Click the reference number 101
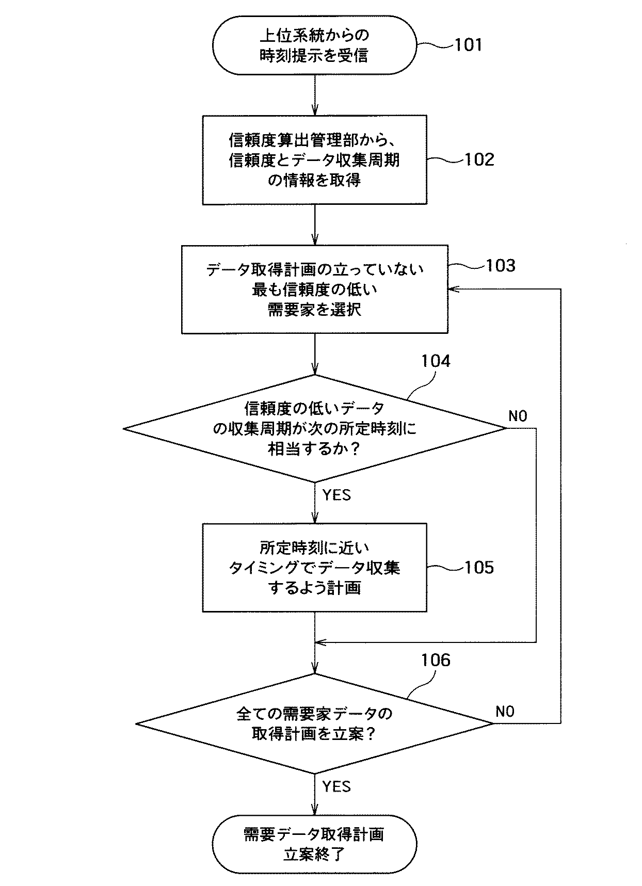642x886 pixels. tap(468, 45)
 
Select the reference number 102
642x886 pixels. tap(479, 159)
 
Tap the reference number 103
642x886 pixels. tap(500, 266)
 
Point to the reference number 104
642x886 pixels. tap(436, 361)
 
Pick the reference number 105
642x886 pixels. tap(479, 568)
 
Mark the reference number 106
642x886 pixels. tap(436, 660)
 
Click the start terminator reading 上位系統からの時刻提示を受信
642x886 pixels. tap(314, 45)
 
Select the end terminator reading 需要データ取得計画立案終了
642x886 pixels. tap(314, 844)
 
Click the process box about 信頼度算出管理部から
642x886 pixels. tap(314, 160)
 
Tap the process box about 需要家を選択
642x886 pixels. tap(314, 289)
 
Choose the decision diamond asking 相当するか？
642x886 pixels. tap(314, 428)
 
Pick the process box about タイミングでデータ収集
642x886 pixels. tap(314, 568)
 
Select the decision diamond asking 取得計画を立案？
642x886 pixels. tap(314, 723)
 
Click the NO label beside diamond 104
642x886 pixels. tap(518, 416)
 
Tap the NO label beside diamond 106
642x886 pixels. tap(505, 712)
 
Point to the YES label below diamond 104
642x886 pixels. tap(336, 495)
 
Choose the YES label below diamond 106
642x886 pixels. tap(336, 786)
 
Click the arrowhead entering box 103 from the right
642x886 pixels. tap(452, 289)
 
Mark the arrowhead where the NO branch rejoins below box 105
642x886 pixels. tap(320, 642)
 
